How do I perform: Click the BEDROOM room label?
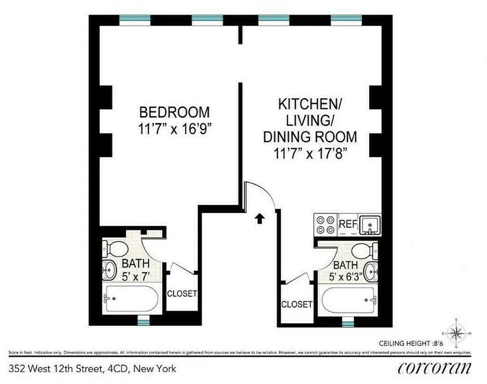tap(174, 112)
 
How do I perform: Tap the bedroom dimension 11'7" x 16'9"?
tap(174, 129)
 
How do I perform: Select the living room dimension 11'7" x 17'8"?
tap(310, 154)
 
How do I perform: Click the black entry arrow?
tap(259, 219)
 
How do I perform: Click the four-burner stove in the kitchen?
tap(326, 224)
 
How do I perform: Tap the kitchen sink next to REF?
tap(370, 224)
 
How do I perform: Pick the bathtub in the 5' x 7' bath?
tap(131, 299)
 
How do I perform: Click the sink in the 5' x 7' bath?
tap(109, 271)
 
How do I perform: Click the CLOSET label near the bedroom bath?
tap(182, 293)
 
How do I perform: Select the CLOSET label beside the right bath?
tap(297, 304)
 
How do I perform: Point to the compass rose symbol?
tap(456, 333)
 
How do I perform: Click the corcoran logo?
tap(434, 368)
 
